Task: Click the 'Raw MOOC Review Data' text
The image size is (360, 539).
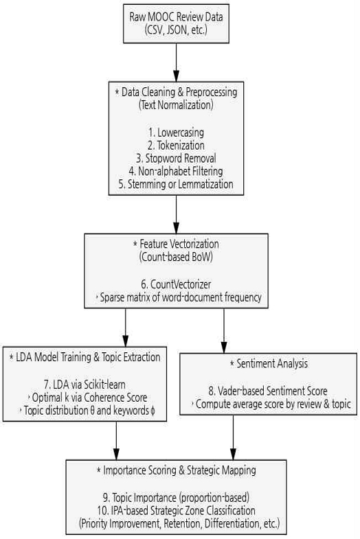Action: click(x=176, y=16)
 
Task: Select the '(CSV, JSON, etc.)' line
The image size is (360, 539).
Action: click(x=176, y=30)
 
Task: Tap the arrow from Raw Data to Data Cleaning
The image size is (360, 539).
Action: click(x=176, y=62)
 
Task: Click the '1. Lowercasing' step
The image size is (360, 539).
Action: click(x=176, y=133)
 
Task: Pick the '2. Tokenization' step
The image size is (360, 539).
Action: click(x=176, y=146)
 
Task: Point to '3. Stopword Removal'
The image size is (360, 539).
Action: click(x=176, y=158)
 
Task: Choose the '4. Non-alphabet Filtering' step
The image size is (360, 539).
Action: click(x=176, y=171)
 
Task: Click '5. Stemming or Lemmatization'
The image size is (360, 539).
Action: click(x=176, y=184)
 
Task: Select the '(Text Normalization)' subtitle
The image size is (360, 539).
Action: click(x=176, y=105)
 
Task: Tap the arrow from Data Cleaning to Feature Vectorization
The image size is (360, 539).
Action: click(x=176, y=214)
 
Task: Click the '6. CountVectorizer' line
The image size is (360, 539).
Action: click(x=176, y=284)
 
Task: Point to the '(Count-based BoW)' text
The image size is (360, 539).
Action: click(x=176, y=257)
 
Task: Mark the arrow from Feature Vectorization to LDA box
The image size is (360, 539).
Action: click(x=125, y=328)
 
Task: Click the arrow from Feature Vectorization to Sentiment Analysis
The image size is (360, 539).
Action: click(x=224, y=331)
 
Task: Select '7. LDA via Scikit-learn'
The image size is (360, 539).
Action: click(x=85, y=385)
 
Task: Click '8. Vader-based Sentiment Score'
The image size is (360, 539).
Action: click(x=268, y=391)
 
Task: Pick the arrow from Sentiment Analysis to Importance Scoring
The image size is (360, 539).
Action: click(x=233, y=437)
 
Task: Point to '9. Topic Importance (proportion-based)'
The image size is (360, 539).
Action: click(x=176, y=497)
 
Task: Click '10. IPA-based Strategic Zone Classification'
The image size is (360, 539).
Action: click(x=176, y=510)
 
